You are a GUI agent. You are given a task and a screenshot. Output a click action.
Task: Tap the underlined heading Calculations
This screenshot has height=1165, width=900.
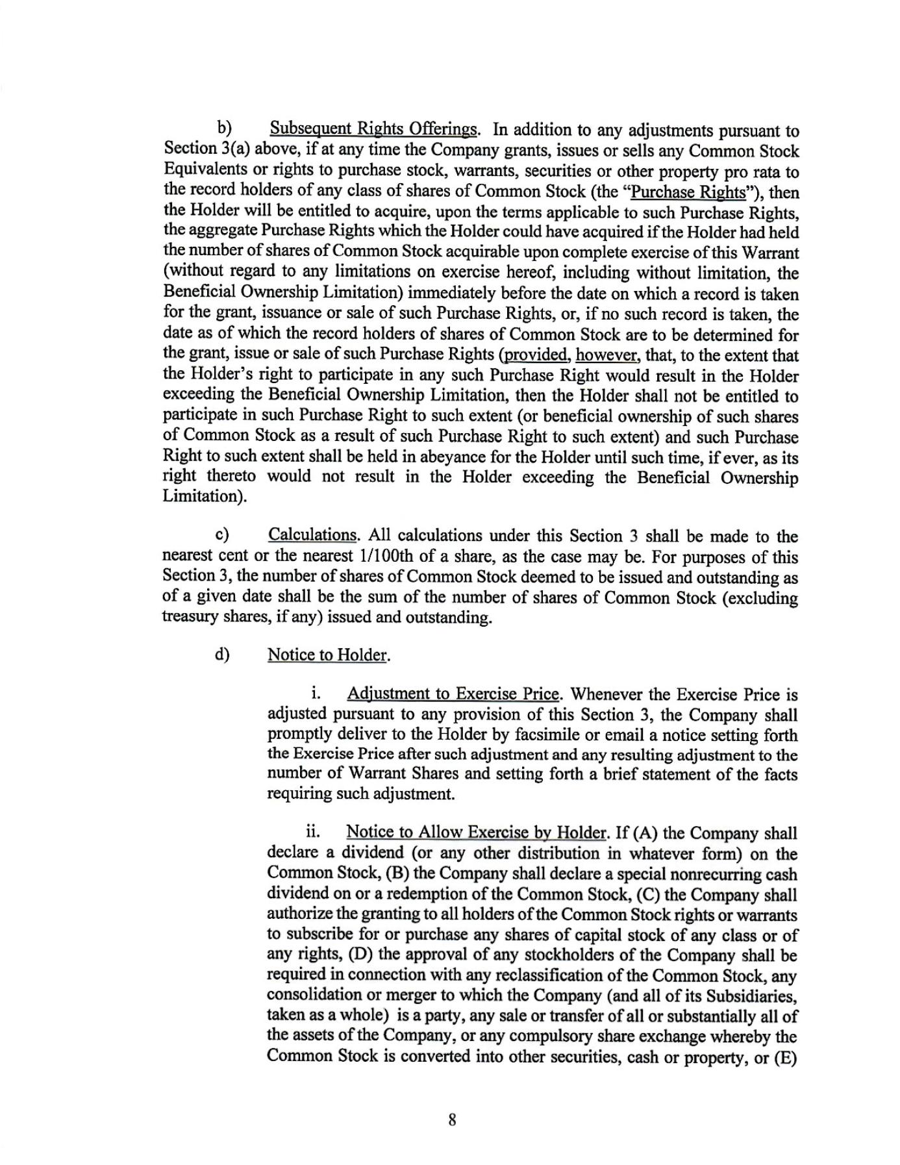pos(312,535)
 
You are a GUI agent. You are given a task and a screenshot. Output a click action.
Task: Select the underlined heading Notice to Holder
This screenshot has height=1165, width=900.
pos(327,655)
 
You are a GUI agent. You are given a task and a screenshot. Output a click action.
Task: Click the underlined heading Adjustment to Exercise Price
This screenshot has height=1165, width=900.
pos(453,694)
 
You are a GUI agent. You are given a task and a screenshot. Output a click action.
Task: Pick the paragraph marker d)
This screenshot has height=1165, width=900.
pos(222,654)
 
